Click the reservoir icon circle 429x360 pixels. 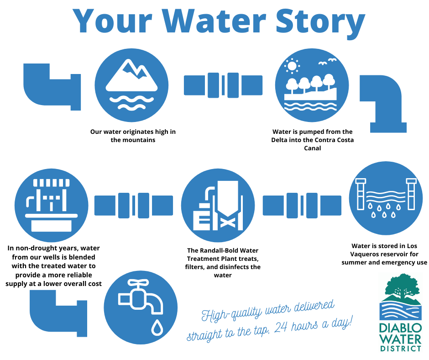386,199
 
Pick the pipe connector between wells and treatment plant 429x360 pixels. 133,205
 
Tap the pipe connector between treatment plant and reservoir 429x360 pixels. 302,205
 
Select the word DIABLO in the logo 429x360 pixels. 400,328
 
